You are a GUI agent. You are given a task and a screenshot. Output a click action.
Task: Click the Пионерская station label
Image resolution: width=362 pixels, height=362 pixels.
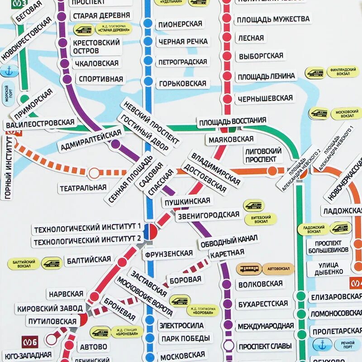179,24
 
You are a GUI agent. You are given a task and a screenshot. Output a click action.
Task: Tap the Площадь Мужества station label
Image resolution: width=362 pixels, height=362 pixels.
273,19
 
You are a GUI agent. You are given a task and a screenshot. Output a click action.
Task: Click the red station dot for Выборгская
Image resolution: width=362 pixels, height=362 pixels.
227,56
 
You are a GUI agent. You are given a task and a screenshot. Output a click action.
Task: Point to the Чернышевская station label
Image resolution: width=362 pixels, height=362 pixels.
265,98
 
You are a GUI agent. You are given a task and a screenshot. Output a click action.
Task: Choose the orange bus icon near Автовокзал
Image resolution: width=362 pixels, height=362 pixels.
248,269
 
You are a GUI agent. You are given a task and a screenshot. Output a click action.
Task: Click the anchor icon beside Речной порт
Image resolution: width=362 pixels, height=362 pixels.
322,344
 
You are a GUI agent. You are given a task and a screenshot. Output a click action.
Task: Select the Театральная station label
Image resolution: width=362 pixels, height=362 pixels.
83,187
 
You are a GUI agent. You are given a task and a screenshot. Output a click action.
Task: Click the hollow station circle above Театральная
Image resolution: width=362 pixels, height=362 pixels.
94,173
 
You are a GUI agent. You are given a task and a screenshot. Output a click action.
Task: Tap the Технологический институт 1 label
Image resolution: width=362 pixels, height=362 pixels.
88,229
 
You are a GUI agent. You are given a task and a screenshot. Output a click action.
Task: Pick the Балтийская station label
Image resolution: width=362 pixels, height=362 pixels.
89,260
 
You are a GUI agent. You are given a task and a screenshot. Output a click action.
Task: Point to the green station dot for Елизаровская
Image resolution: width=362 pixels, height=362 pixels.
300,297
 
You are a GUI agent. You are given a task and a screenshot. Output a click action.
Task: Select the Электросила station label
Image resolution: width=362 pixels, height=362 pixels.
181,325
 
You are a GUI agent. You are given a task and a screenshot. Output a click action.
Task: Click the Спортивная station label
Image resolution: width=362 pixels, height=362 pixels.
100,79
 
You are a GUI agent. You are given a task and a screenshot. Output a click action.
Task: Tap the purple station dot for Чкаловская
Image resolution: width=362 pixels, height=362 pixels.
64,63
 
